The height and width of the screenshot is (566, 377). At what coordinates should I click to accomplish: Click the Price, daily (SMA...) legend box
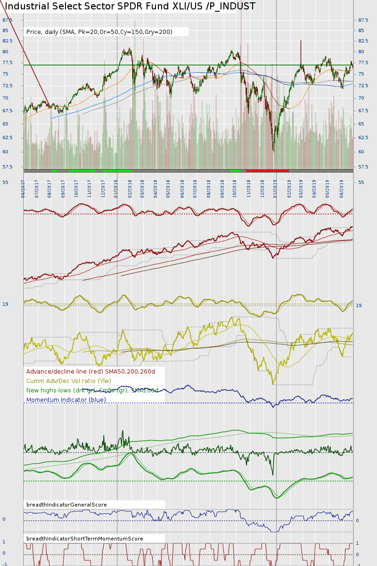(x=106, y=32)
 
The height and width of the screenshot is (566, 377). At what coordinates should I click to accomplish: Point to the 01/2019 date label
(x=275, y=188)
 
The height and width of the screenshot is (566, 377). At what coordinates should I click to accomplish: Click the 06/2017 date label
(x=23, y=188)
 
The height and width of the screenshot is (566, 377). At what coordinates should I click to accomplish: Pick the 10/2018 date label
(x=235, y=188)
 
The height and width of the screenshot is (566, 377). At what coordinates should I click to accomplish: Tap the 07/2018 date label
(x=195, y=188)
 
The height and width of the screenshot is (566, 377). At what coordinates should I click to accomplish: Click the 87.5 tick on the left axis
(x=8, y=20)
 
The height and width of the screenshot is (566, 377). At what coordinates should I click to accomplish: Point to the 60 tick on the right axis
(x=361, y=151)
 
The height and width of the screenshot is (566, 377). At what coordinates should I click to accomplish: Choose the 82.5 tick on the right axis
(x=363, y=41)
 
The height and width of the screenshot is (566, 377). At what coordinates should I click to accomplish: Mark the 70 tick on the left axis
(x=5, y=98)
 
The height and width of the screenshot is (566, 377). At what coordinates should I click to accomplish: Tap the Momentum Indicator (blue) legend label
(x=66, y=400)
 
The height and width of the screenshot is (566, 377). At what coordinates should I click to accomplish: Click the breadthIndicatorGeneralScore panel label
(x=66, y=505)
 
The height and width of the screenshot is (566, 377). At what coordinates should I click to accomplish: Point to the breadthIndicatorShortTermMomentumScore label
(x=85, y=539)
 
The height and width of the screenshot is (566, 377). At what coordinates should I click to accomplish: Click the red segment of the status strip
(x=267, y=170)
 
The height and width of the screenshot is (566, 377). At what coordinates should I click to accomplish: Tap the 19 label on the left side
(x=5, y=304)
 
